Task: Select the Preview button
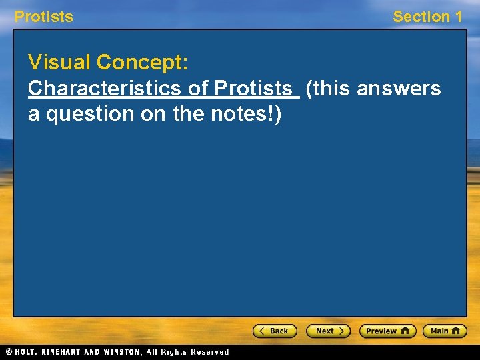pyautogui.click(x=387, y=331)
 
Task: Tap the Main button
pyautogui.click(x=445, y=331)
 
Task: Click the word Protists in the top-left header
pyautogui.click(x=44, y=17)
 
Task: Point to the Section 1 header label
pyautogui.click(x=427, y=17)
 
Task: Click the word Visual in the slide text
pyautogui.click(x=59, y=63)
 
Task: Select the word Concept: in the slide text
pyautogui.click(x=143, y=63)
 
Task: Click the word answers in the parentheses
pyautogui.click(x=399, y=88)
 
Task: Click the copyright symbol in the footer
pyautogui.click(x=9, y=351)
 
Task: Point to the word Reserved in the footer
pyautogui.click(x=209, y=351)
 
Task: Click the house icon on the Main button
pyautogui.click(x=457, y=331)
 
